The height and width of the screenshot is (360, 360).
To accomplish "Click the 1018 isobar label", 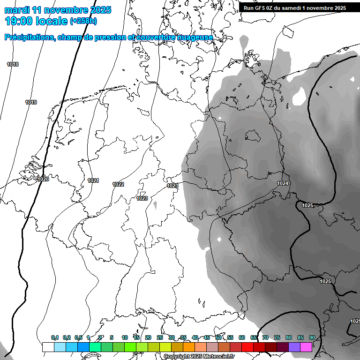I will click(x=13, y=64).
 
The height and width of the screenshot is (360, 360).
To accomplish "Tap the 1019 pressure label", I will click(x=31, y=102).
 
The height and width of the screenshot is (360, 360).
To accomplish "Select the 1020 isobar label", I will click(x=43, y=179).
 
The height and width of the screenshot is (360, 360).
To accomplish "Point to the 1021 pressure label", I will click(x=93, y=180).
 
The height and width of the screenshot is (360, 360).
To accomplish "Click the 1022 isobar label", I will click(x=118, y=184).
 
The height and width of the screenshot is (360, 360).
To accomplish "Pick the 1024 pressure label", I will click(x=283, y=183).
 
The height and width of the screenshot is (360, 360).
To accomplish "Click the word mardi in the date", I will click(x=17, y=10).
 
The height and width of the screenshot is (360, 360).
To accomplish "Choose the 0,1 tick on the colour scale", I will click(x=55, y=337).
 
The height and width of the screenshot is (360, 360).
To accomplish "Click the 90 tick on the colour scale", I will click(x=312, y=337).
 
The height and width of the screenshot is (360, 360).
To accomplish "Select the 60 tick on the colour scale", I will click(x=242, y=337).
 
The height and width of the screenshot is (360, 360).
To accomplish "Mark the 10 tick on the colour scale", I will click(x=125, y=337).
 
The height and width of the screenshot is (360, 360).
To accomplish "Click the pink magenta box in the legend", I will click(x=306, y=347).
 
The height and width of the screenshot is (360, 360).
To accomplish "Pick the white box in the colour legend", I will click(x=48, y=347).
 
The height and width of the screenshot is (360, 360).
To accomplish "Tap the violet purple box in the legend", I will click(x=294, y=347).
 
